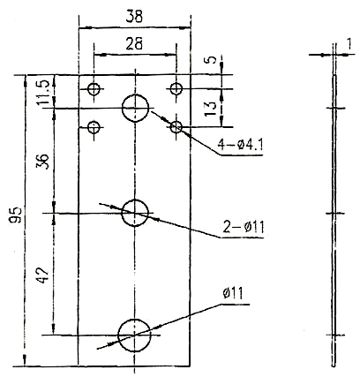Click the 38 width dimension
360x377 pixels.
(x=134, y=17)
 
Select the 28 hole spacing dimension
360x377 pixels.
(x=134, y=43)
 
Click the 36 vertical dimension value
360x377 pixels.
(x=41, y=161)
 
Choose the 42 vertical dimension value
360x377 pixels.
(x=41, y=275)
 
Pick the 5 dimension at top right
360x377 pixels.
(x=211, y=59)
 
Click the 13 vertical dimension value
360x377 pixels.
(x=211, y=109)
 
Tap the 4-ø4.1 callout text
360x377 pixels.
(x=240, y=144)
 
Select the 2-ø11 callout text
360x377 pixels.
(x=244, y=227)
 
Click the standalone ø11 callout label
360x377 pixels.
(x=233, y=293)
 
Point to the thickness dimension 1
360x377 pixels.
(x=349, y=44)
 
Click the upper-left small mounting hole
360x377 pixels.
(x=94, y=88)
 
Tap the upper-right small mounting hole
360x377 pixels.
(x=176, y=88)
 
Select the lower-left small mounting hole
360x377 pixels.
(x=94, y=127)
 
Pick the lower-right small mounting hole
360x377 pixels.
(x=176, y=127)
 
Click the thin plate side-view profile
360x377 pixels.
(x=334, y=221)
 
